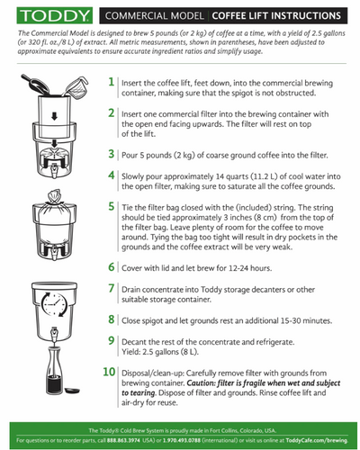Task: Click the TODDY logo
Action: (55, 15)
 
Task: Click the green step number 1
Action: (112, 82)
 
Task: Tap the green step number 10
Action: (109, 372)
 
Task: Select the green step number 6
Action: (112, 266)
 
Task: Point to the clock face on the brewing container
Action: (54, 304)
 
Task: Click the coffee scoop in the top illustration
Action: (35, 84)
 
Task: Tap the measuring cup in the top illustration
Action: (76, 86)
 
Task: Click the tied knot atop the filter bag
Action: (54, 196)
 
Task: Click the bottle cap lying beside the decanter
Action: (73, 390)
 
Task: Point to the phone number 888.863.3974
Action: (123, 440)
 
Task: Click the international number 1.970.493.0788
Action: (182, 440)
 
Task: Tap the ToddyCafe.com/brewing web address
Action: (317, 440)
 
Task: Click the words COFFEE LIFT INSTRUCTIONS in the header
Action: (276, 15)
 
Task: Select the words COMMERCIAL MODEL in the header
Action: (155, 15)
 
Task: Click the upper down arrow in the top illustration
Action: (54, 116)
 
